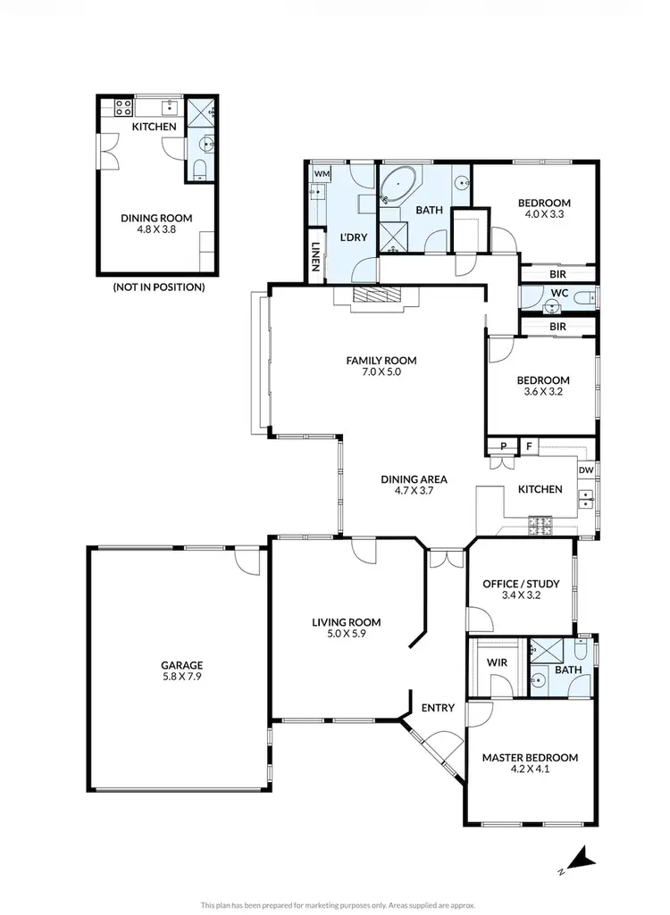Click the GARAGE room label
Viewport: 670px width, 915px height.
pos(182,665)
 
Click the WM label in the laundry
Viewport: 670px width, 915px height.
pos(320,174)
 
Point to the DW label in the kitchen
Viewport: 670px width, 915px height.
pos(586,470)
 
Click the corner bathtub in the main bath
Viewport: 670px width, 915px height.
pos(394,187)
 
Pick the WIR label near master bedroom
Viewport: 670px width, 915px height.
pos(497,664)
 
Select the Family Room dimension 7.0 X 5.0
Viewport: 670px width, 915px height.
pos(381,373)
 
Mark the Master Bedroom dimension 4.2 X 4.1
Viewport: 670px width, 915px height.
pos(530,770)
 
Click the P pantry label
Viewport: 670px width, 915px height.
pos(504,446)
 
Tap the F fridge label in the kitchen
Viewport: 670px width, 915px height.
pos(528,446)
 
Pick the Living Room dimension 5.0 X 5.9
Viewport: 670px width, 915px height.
pos(346,636)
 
